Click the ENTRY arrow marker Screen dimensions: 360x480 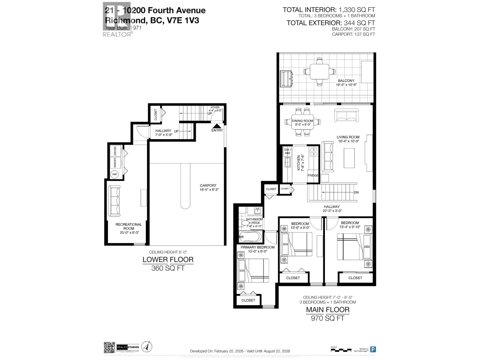[217, 126]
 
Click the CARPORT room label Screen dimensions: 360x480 [208, 186]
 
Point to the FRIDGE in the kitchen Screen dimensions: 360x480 [313, 175]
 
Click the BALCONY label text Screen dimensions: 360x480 [346, 81]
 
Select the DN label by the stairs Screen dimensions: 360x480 [356, 193]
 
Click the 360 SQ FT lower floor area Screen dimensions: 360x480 [168, 268]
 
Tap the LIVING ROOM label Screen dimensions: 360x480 [348, 137]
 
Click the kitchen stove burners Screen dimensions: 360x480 [314, 152]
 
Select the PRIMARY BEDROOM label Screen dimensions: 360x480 [258, 247]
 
